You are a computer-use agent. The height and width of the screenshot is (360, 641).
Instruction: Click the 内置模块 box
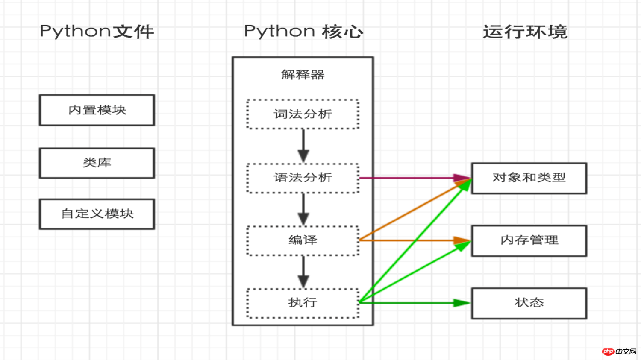click(97, 110)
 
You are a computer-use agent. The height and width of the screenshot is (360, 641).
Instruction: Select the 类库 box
click(97, 163)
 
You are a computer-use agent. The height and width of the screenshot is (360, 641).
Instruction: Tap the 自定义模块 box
click(97, 214)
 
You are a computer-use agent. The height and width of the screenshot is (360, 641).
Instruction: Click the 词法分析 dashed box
click(303, 114)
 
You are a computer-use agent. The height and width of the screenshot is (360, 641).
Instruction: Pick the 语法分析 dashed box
click(303, 178)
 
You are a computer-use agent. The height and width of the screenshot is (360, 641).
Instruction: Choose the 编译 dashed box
click(303, 240)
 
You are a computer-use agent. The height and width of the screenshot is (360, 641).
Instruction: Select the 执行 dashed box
click(303, 303)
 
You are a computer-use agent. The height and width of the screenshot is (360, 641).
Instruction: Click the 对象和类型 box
click(529, 178)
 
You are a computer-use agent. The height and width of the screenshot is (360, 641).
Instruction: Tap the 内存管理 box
click(529, 240)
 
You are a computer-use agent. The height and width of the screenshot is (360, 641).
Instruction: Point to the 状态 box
click(529, 303)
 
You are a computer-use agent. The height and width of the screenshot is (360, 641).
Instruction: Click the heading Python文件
click(97, 32)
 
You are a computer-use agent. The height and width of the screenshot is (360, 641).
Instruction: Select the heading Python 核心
click(303, 32)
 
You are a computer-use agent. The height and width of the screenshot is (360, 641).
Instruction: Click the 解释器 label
click(303, 75)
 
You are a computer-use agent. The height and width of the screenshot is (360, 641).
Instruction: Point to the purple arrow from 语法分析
click(410, 178)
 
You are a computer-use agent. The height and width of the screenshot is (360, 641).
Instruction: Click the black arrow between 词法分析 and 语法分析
click(303, 145)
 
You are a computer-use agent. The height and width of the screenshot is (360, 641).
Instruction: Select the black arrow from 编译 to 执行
click(303, 272)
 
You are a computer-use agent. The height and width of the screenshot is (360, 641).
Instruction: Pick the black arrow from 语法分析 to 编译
click(303, 209)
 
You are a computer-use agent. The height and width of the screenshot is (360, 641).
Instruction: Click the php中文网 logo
click(620, 351)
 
